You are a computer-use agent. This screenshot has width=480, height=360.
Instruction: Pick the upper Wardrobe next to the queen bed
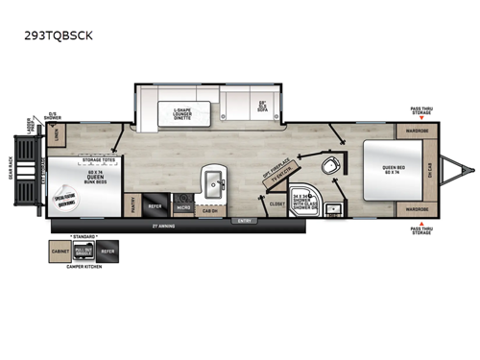(x=414, y=129)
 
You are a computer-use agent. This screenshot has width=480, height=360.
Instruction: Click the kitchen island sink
(x=209, y=180)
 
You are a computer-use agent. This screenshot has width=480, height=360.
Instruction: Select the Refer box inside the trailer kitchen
(x=154, y=204)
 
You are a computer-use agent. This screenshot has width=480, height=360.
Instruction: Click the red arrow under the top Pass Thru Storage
(x=420, y=118)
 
